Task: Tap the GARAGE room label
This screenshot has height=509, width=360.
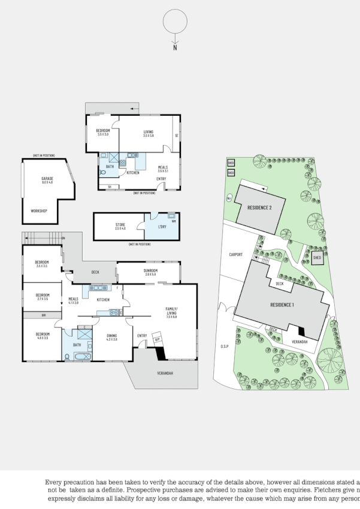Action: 47,179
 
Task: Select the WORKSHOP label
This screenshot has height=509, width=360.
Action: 39,211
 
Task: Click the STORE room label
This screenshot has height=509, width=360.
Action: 120,225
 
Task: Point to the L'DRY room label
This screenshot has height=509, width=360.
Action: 162,225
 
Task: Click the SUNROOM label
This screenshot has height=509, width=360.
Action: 150,270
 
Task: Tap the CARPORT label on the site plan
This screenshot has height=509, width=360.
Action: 236,254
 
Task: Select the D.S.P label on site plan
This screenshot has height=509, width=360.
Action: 225,346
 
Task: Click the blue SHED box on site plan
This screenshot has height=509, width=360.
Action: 317,257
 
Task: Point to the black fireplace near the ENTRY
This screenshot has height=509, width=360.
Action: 161,354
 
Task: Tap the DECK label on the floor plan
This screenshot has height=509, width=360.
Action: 95,272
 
